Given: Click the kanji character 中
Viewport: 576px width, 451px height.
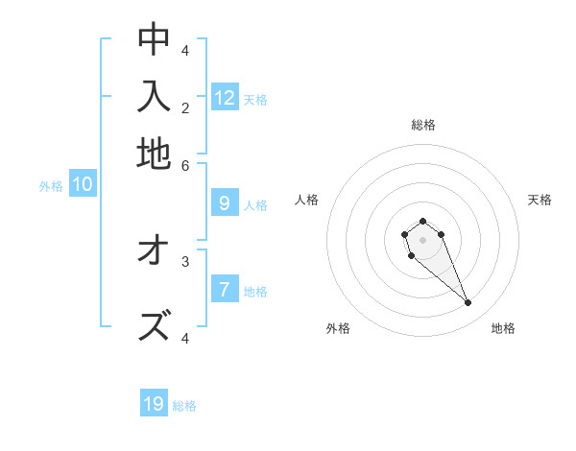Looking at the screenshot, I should coord(154,39).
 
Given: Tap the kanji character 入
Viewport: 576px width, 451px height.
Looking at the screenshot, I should coord(154,96).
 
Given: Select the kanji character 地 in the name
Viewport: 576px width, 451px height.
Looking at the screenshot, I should coord(154,154).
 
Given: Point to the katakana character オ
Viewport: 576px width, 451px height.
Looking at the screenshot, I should coord(154,250).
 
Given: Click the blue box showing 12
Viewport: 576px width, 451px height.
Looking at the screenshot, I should coord(225,97).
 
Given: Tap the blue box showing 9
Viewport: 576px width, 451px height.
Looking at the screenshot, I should coord(225,202).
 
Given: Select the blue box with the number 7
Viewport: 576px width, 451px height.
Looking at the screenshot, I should coord(225,289).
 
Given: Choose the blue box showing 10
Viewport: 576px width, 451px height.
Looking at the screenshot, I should coord(83,185).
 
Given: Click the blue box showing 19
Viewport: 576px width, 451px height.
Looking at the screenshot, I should coord(154,404).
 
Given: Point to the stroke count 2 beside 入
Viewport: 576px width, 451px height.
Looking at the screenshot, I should coord(185,107).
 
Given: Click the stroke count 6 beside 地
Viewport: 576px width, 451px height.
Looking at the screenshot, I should coord(185,165).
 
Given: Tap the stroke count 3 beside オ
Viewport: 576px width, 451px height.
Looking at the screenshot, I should coord(185,260).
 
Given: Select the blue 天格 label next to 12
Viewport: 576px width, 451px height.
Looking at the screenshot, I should coord(255,100).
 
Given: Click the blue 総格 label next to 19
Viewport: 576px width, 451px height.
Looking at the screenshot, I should coord(184,406).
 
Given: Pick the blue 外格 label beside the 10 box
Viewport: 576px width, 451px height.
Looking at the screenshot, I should coord(51,187).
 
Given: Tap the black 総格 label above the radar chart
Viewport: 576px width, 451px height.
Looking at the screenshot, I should coord(423,125).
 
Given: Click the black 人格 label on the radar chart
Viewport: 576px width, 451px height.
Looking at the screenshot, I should coord(307,200).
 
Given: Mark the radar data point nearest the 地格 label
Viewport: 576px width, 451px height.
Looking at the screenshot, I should coord(468,303).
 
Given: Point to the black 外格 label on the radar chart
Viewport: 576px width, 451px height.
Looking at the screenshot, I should coord(338,328).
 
